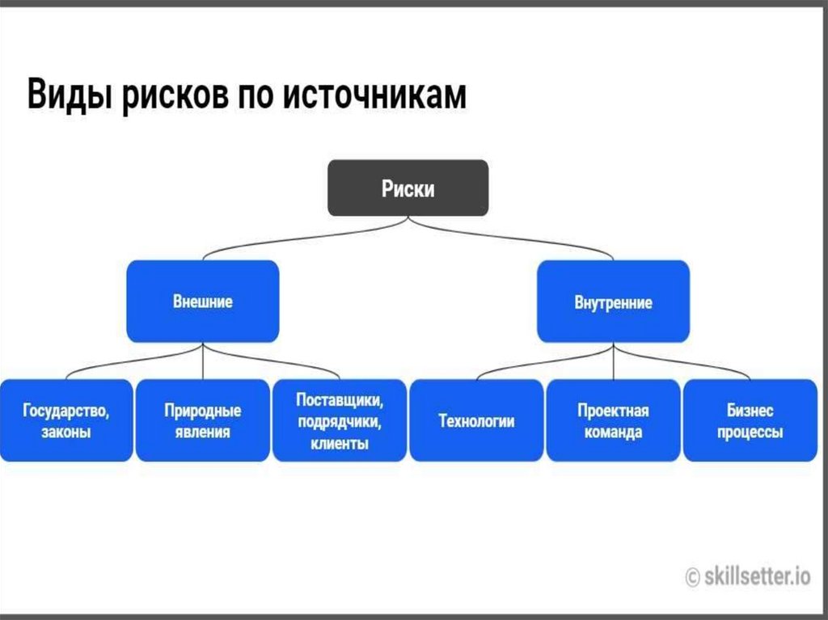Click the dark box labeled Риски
click(x=408, y=188)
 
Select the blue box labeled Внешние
click(x=203, y=302)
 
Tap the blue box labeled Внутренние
click(x=613, y=303)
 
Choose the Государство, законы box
click(x=65, y=420)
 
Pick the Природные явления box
click(x=202, y=420)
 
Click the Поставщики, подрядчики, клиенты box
click(x=340, y=420)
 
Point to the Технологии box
click(x=476, y=420)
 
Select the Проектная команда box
click(x=613, y=420)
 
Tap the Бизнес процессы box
click(x=750, y=420)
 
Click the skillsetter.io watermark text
click(x=757, y=576)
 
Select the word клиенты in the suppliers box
click(x=340, y=443)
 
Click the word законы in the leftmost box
click(x=65, y=432)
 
